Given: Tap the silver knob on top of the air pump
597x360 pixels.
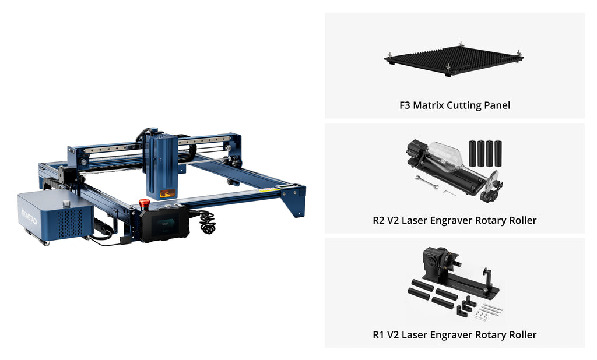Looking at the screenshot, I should coord(66,203).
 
